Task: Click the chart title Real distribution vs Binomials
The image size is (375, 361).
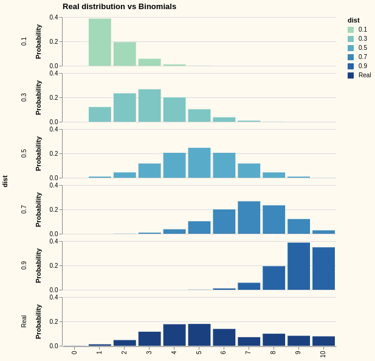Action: click(x=119, y=7)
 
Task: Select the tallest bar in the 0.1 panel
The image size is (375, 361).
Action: click(x=100, y=43)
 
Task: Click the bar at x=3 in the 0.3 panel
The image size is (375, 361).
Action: click(x=150, y=106)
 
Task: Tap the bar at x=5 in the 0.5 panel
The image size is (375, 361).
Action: click(x=199, y=163)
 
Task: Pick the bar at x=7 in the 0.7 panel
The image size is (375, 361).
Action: click(x=249, y=218)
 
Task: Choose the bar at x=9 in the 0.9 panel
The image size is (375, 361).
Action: click(x=298, y=267)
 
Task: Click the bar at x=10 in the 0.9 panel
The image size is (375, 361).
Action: click(x=323, y=268)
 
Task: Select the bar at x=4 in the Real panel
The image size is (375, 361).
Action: click(x=174, y=335)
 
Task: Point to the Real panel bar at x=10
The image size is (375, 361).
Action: click(x=323, y=342)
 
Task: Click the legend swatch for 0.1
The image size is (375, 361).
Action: click(x=351, y=29)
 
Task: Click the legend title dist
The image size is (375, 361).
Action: click(x=354, y=20)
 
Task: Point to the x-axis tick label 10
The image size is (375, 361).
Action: click(x=323, y=354)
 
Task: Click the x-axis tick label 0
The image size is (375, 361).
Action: click(x=75, y=352)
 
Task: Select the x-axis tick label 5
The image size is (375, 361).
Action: click(x=199, y=352)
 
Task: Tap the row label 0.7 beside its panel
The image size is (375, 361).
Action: click(x=24, y=209)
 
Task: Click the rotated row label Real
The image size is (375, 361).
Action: click(x=24, y=321)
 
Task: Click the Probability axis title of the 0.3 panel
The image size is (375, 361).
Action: click(x=38, y=97)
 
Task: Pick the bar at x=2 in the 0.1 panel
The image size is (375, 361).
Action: click(x=125, y=54)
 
